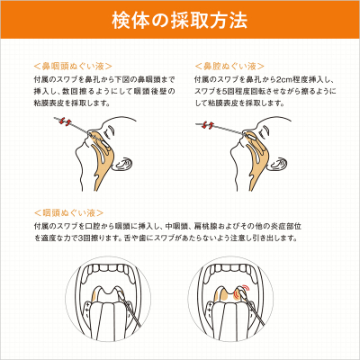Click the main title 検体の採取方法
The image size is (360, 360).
coord(180,21)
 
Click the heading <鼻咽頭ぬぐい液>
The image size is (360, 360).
coord(73,66)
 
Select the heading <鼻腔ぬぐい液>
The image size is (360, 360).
coord(229,66)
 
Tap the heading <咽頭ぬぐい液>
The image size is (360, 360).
coord(68,213)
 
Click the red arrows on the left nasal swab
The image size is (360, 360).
coord(65,121)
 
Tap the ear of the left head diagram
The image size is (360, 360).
coord(123,164)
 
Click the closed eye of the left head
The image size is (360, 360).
coord(111,130)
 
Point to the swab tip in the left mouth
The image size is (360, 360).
coord(119,291)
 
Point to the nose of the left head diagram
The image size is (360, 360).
coord(87,136)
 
